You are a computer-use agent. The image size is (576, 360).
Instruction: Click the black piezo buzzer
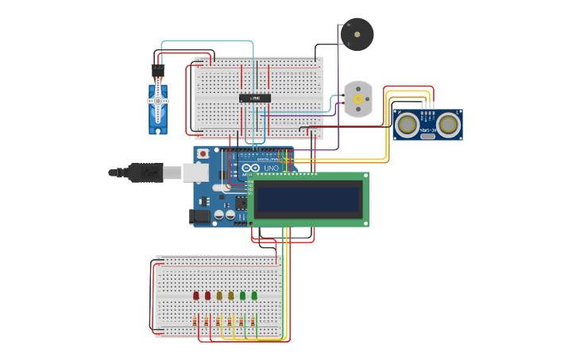357,34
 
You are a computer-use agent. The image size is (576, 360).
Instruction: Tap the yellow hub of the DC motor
358,99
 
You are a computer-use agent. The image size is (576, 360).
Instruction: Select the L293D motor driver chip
255,98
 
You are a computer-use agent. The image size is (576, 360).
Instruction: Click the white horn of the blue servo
157,101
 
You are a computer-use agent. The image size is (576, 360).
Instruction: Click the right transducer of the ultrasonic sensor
448,124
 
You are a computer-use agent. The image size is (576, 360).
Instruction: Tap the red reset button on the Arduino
203,153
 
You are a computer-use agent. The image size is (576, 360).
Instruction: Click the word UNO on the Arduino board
270,168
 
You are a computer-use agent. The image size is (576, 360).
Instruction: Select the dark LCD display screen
307,199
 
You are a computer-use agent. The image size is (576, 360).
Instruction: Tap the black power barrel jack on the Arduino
199,215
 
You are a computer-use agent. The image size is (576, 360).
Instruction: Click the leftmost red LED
196,296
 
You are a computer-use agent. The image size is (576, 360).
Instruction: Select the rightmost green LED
254,296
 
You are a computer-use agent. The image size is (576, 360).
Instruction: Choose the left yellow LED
219,296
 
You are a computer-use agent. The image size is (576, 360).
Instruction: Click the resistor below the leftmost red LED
196,321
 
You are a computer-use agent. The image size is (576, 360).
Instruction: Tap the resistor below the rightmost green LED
253,321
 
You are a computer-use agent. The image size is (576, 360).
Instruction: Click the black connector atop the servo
157,71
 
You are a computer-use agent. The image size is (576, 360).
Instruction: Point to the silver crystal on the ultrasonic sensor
428,136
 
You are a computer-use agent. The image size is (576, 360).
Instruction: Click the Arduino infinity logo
251,168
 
